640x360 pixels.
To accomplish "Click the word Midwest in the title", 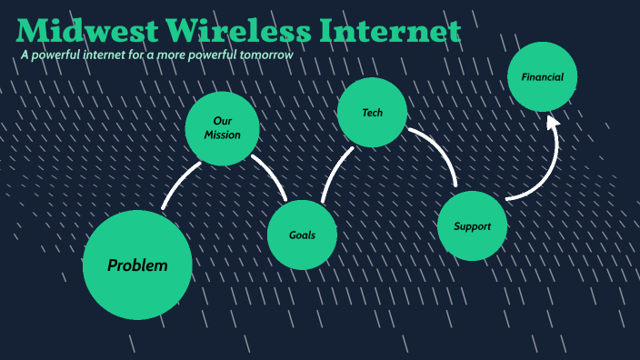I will point(86,32).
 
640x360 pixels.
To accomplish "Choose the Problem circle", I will point(137,265).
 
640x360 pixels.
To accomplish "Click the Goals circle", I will point(303,235).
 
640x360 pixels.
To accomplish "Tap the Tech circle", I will point(372,113).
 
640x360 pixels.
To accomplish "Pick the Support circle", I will point(472,225).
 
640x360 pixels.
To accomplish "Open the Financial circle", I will point(543,78).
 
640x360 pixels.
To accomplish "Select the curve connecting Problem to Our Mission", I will point(179,184).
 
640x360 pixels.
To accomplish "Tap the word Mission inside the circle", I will point(223,135).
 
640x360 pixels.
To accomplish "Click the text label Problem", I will point(137,265).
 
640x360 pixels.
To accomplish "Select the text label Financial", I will point(543,77).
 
